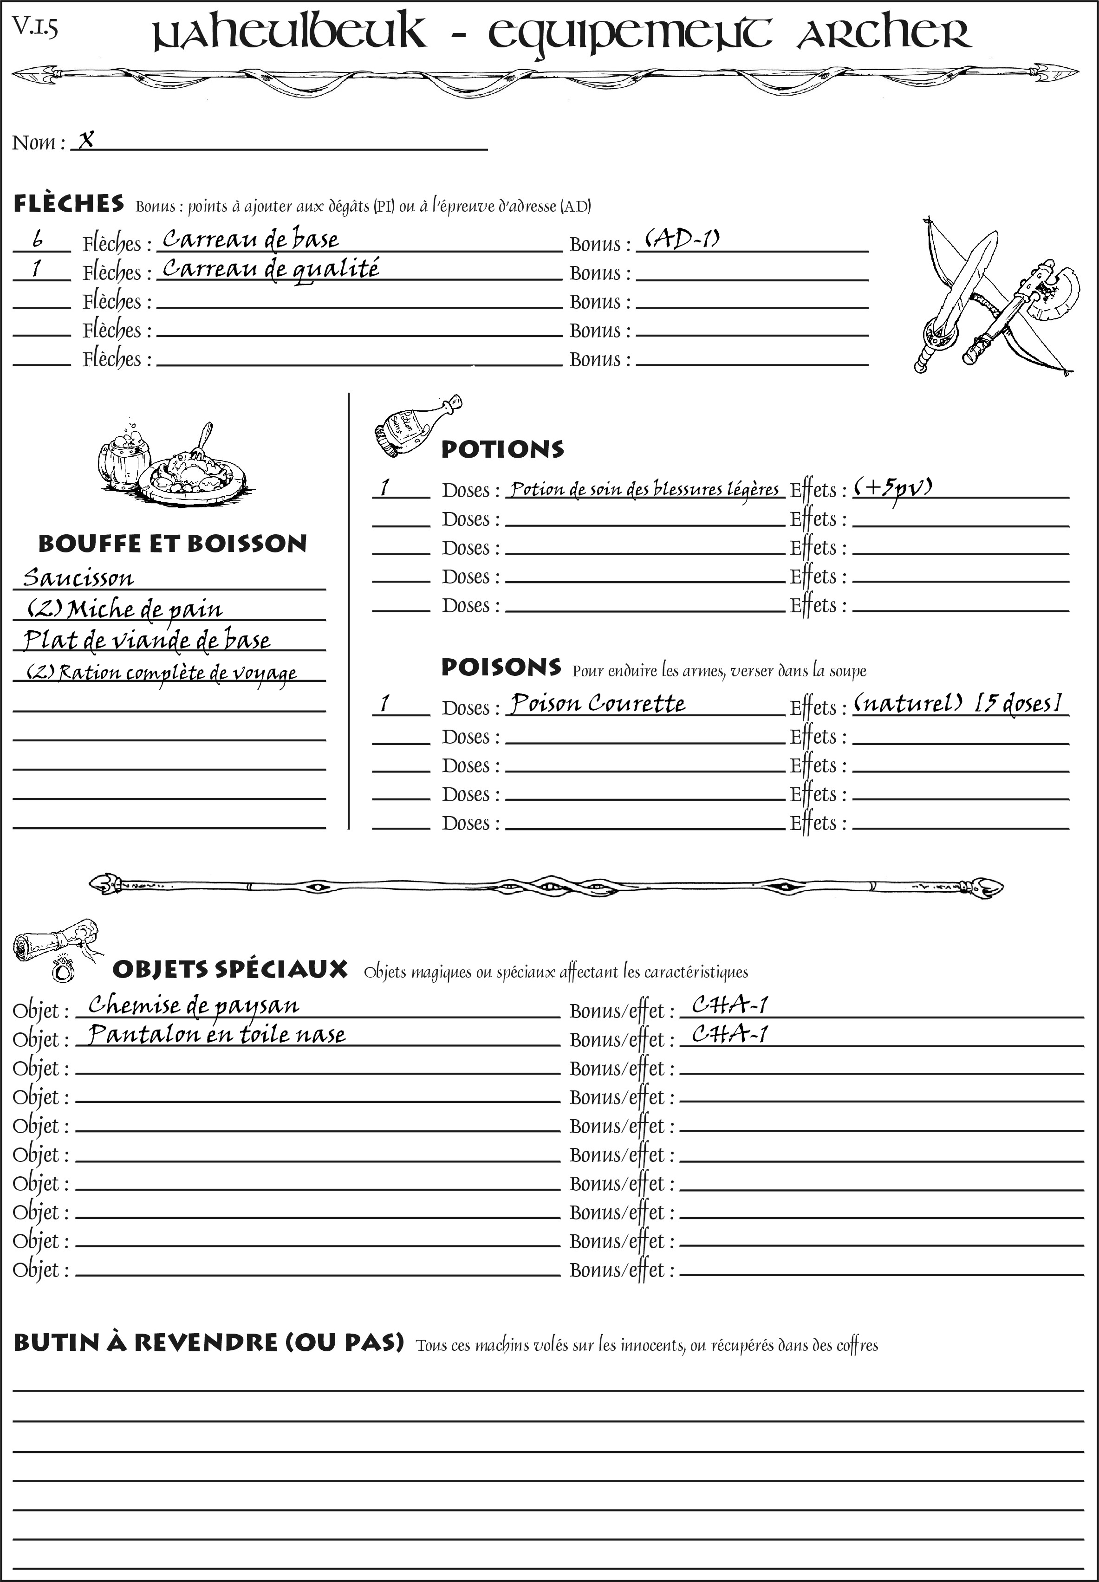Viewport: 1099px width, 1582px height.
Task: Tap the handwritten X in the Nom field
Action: click(86, 141)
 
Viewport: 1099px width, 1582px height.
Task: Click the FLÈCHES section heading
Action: click(69, 204)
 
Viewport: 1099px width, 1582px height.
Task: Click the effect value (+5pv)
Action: click(893, 488)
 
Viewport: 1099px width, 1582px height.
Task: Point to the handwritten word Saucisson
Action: click(78, 577)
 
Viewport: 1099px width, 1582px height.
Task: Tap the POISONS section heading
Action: click(501, 667)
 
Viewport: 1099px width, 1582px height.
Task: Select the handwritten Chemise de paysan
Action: click(194, 1006)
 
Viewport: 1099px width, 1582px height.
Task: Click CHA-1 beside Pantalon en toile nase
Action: click(730, 1034)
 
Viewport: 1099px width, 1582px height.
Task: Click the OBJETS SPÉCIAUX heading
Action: click(230, 970)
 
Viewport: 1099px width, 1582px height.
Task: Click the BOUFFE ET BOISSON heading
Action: click(172, 544)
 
